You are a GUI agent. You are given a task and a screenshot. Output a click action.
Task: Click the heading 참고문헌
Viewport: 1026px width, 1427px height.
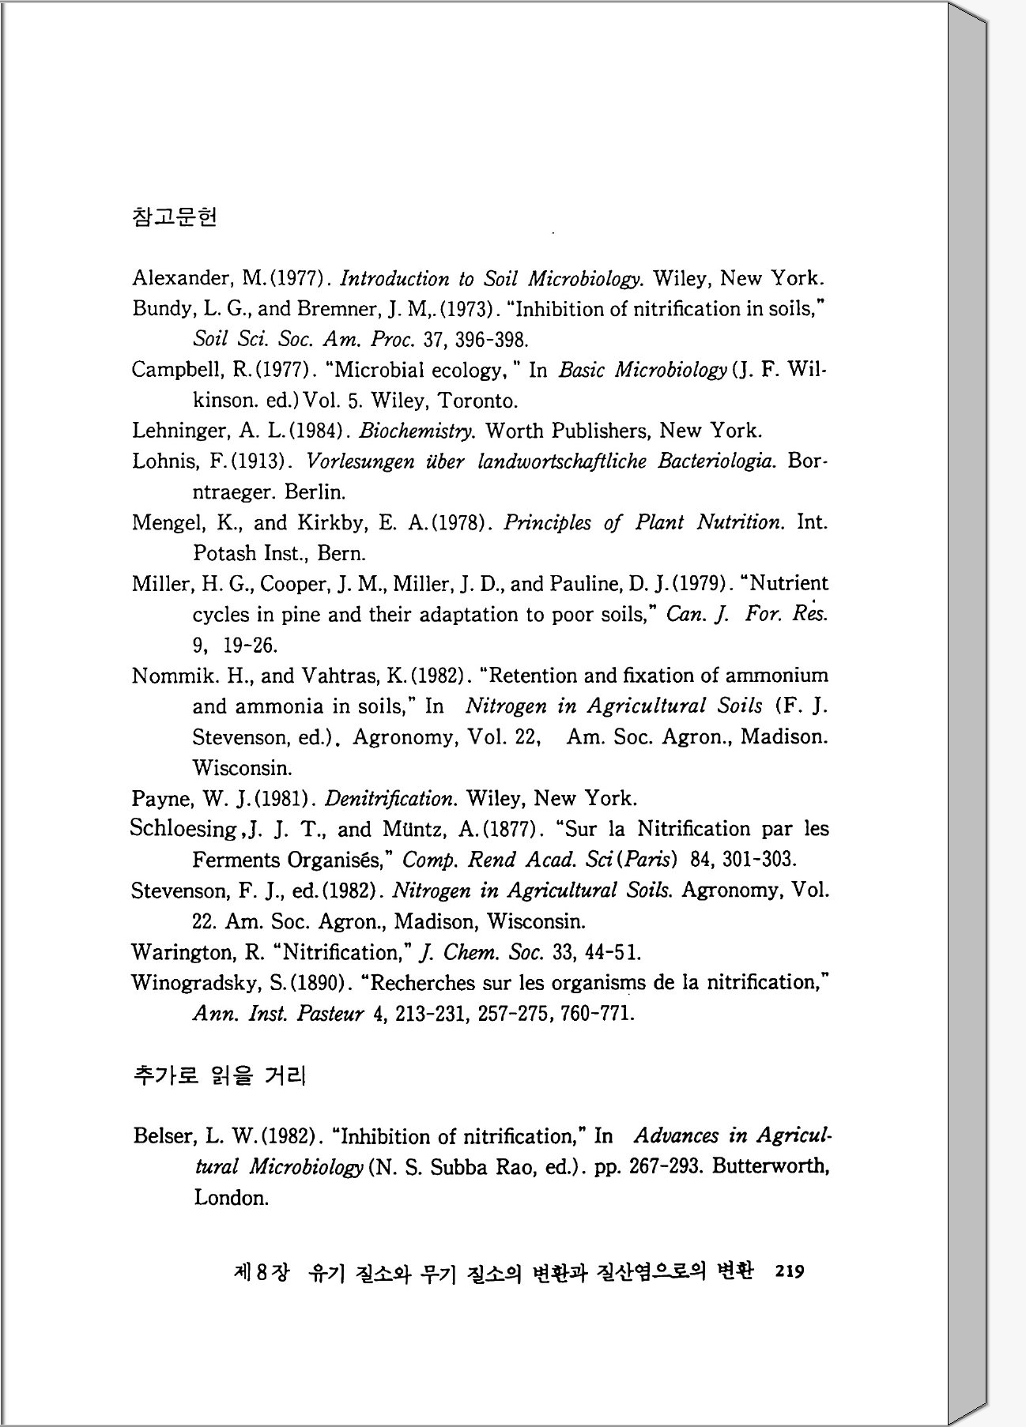[175, 216]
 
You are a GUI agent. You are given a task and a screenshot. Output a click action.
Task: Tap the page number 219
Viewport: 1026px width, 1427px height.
[790, 1271]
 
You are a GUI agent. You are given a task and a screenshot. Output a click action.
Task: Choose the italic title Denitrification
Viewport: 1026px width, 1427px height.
[390, 799]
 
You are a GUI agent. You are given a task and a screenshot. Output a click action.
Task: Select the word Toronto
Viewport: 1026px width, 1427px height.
[477, 401]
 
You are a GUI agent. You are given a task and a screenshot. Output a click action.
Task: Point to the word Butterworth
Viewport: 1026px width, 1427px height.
[770, 1167]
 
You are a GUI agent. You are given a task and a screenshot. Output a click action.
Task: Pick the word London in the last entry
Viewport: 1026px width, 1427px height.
[232, 1198]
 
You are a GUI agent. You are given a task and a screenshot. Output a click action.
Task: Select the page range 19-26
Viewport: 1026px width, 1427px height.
[251, 646]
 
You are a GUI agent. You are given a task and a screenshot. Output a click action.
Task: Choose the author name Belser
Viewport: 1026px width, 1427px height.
[164, 1136]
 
